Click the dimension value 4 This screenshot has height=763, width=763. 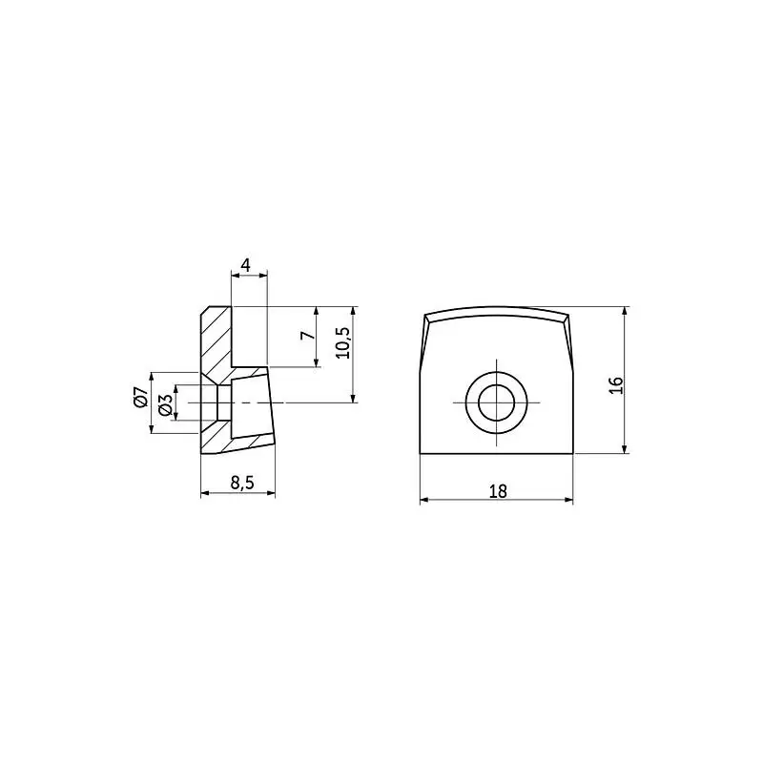click(x=246, y=265)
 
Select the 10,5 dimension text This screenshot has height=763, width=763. click(x=343, y=342)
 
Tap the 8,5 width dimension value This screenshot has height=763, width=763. click(x=242, y=483)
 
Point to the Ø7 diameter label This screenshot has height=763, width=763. click(x=140, y=397)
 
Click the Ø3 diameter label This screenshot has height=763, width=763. click(x=165, y=404)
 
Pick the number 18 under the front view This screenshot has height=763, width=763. click(x=498, y=491)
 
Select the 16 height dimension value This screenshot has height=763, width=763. click(x=616, y=385)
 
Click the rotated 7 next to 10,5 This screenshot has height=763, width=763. click(x=308, y=336)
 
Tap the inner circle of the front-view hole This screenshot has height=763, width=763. click(x=496, y=402)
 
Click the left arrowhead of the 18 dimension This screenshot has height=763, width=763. click(x=424, y=500)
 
